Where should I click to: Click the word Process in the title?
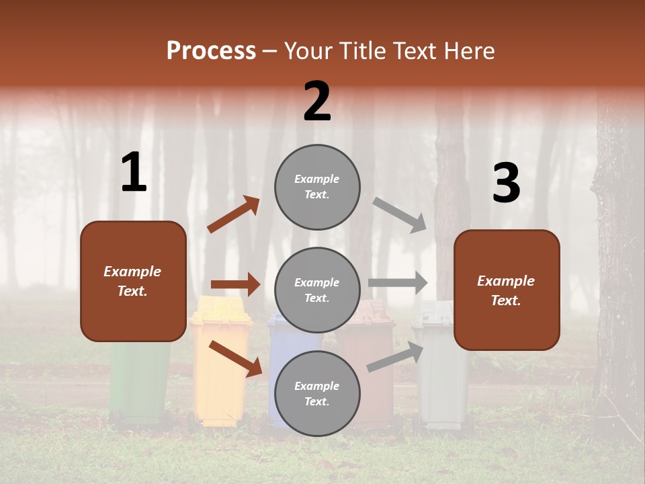[211, 51]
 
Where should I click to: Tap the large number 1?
[134, 173]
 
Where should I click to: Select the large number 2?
[317, 102]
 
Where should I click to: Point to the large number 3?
[506, 184]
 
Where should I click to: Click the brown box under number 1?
[133, 281]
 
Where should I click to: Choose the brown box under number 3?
[507, 290]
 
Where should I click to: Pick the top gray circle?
[317, 187]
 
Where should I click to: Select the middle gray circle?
[317, 290]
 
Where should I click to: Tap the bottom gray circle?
[317, 393]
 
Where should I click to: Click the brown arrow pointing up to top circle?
[233, 214]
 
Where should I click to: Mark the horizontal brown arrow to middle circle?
[235, 284]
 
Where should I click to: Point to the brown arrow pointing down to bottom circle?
[235, 358]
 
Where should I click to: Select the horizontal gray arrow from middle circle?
[398, 282]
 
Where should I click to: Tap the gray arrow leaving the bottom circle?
[395, 356]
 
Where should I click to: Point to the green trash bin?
[140, 383]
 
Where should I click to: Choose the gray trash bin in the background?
[440, 376]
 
